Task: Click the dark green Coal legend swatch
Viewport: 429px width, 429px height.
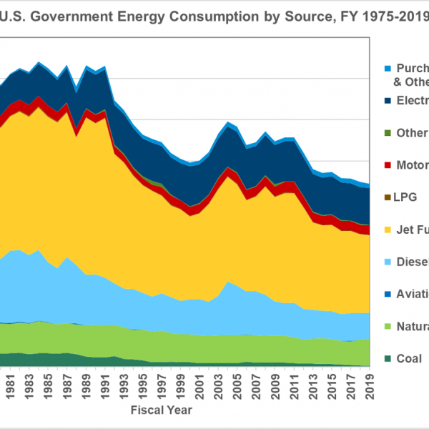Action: coord(388,359)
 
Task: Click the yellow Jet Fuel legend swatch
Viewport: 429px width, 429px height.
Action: coord(388,230)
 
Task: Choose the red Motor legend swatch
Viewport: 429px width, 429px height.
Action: coord(388,165)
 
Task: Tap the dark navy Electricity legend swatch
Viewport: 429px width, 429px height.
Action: coord(388,101)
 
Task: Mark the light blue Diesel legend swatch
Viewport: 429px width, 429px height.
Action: coord(388,262)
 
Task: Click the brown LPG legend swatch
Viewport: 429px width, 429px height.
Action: coord(388,197)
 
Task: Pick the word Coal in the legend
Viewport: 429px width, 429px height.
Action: coord(410,359)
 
